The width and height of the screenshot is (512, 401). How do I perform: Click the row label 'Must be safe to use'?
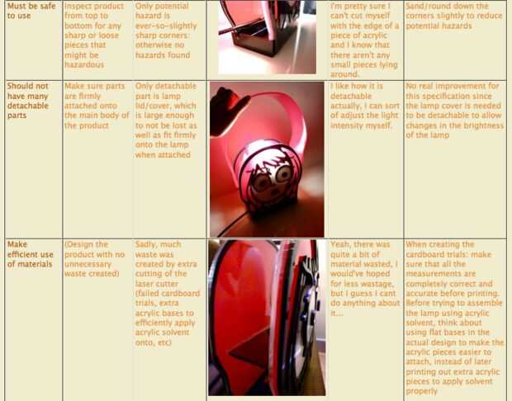coord(31,11)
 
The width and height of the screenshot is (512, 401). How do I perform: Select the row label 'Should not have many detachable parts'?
coord(28,101)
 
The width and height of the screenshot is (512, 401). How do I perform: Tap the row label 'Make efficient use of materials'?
coord(30,254)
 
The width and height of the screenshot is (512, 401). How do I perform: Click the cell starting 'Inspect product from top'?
coord(94,35)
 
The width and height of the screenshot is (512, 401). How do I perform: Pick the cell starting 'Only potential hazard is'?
coord(166,31)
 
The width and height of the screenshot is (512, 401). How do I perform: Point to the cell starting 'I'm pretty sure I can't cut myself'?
coord(364,40)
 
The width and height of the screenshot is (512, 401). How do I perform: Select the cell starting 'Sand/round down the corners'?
coord(454,16)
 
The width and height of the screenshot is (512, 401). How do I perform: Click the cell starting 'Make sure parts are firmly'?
coord(97,106)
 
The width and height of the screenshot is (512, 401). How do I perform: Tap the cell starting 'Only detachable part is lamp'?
coord(165,120)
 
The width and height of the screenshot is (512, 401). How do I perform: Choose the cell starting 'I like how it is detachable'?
coord(365,106)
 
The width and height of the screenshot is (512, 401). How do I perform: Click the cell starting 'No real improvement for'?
coord(454,111)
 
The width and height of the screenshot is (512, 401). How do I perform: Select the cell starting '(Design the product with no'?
coord(95,259)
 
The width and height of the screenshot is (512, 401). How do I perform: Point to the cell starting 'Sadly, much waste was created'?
coord(168,293)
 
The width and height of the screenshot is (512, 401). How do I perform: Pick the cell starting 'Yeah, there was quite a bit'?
coord(365,278)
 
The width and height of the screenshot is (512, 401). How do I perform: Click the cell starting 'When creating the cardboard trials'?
coord(454,317)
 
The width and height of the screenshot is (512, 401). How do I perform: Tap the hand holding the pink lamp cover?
coord(229,111)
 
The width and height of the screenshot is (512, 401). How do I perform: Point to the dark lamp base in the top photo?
coord(258,40)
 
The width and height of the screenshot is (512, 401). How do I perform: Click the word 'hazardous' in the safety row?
coord(84,64)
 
